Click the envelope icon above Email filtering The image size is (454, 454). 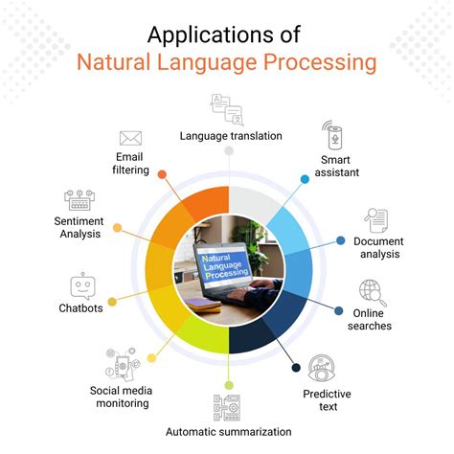(x=131, y=138)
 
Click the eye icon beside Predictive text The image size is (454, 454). (x=320, y=366)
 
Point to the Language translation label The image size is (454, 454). (x=231, y=136)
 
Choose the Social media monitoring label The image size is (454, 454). (x=120, y=397)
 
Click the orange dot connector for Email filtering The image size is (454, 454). (x=161, y=175)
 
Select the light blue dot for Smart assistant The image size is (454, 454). (x=306, y=179)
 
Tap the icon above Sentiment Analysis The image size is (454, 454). (x=79, y=200)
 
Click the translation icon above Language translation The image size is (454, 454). (x=228, y=108)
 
